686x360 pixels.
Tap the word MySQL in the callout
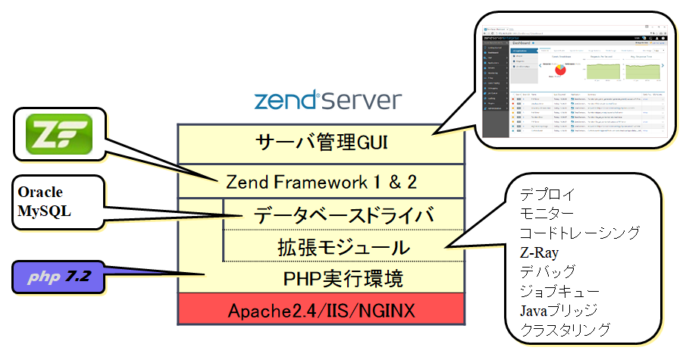(x=44, y=211)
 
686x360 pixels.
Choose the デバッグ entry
(x=547, y=271)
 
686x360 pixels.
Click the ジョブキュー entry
(x=559, y=290)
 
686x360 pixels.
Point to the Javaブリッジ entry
(x=559, y=310)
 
